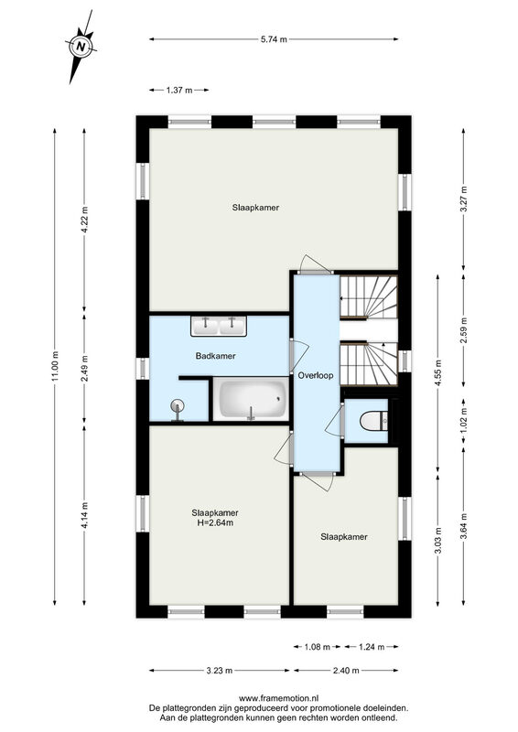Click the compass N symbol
coord(81,47)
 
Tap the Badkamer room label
coord(215,356)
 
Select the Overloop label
coord(316,375)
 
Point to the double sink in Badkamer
coord(219,326)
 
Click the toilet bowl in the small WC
coord(373,421)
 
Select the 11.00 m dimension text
coord(55,366)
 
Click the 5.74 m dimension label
coord(274,39)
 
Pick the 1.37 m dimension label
coord(179,90)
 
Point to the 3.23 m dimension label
coord(220,671)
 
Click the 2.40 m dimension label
coord(346,671)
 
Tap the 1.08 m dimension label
coord(318,647)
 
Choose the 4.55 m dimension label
coord(437,373)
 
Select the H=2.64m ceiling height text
coord(215,522)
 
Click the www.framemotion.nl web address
coord(278,699)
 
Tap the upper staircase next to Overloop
coord(369,297)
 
